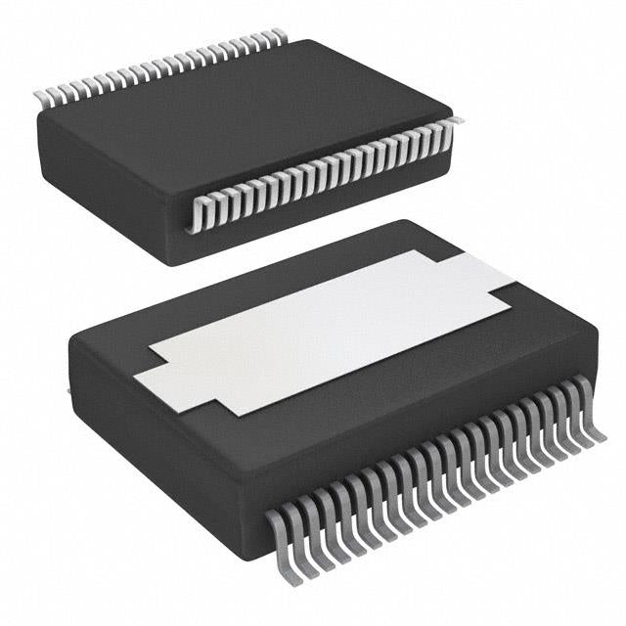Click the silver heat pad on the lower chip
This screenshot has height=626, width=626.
point(323,328)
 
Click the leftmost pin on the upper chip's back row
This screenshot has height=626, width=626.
point(41,97)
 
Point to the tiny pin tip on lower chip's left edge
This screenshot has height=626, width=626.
point(67,391)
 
